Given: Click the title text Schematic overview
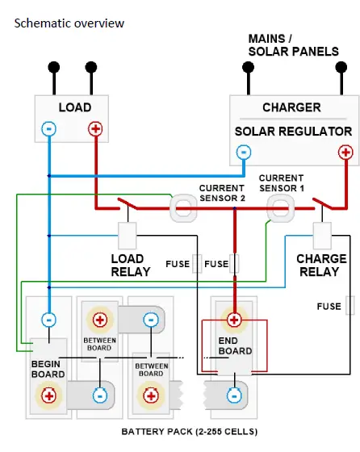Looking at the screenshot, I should pos(69,23).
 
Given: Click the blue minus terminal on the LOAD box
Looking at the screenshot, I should pos(49,128).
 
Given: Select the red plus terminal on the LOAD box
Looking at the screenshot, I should pos(95,128).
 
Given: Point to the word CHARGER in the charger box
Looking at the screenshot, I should pos(291,107).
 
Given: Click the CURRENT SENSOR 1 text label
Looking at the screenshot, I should pos(281,183).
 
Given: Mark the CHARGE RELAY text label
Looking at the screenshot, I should pos(321,266).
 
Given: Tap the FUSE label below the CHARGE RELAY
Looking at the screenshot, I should pos(328,306).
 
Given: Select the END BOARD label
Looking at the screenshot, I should pos(234,345).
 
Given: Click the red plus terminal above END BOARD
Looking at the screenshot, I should pos(234,320).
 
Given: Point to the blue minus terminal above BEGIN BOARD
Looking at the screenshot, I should pos(48,320).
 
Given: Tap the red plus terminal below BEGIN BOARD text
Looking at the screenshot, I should pos(48,395).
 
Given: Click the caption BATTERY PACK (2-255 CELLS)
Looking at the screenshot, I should pos(190,432).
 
